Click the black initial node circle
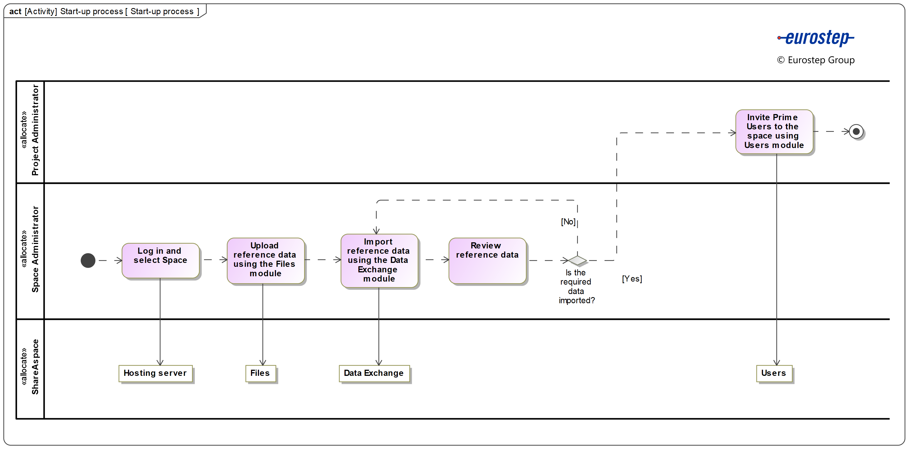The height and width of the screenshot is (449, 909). (88, 260)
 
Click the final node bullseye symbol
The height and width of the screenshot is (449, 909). (856, 132)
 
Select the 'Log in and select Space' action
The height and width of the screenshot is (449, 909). (161, 260)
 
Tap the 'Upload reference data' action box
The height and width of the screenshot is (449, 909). (265, 260)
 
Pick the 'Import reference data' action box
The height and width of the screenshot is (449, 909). (379, 260)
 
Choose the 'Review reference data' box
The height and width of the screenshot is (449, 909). (487, 260)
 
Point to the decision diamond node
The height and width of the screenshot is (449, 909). (577, 260)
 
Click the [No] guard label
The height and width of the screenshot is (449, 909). (568, 221)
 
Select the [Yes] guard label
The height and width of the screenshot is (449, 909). (632, 279)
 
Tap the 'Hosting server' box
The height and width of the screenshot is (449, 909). (155, 373)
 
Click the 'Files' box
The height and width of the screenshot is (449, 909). (260, 373)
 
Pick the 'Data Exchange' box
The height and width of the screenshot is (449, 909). (374, 373)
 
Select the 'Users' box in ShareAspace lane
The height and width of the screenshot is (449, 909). (773, 373)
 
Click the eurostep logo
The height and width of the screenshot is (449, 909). (816, 38)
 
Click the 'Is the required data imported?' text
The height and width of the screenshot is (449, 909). (576, 287)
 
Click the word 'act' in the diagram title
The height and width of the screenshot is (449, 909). (15, 11)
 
